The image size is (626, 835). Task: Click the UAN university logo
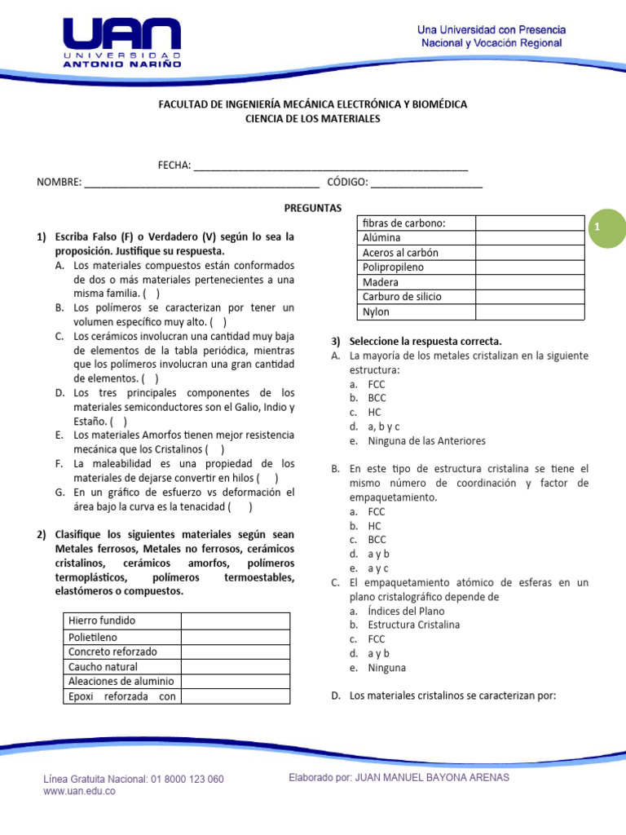[121, 43]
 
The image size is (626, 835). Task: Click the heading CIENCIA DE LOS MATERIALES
[313, 119]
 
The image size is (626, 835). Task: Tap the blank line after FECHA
[330, 166]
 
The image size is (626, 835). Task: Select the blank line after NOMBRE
[201, 182]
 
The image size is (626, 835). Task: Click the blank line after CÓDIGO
[426, 182]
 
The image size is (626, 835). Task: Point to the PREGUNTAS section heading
[313, 208]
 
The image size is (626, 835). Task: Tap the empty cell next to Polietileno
[235, 636]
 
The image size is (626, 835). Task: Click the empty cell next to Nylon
[530, 311]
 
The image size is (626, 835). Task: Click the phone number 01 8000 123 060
[187, 780]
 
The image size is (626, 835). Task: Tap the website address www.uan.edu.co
[79, 792]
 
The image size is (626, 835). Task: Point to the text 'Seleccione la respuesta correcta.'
[425, 341]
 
